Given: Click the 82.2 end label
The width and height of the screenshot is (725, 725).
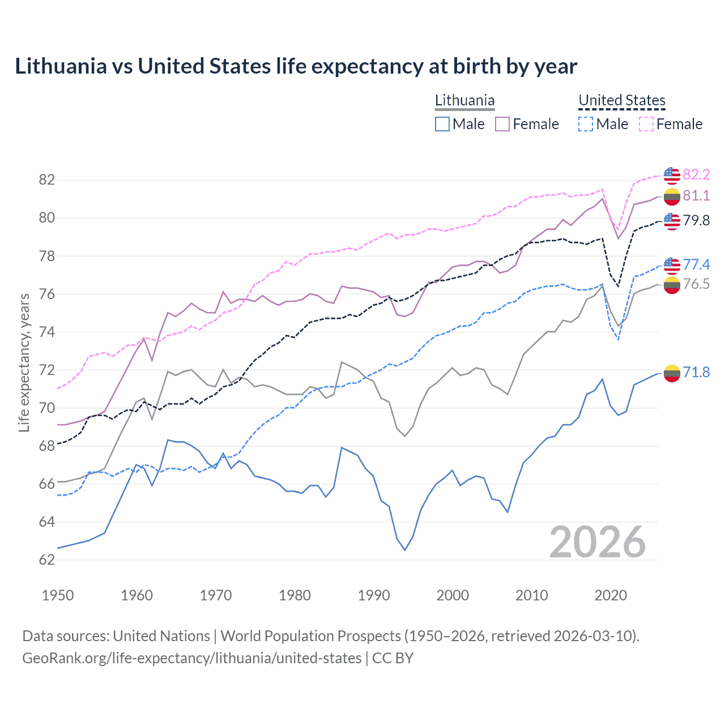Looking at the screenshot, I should [x=696, y=174].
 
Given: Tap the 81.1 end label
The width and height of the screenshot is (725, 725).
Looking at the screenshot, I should [x=696, y=195].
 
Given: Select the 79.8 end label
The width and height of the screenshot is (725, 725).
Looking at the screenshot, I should [x=696, y=220].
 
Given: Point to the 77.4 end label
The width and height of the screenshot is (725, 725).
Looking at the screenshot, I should [x=696, y=265].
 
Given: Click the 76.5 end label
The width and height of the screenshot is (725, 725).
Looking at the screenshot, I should [x=696, y=284].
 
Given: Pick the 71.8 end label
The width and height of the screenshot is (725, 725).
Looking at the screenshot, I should [x=696, y=372].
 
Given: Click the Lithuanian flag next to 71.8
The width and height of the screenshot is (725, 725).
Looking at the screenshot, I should [x=672, y=373].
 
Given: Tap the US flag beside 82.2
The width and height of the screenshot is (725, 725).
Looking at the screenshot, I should [x=672, y=176].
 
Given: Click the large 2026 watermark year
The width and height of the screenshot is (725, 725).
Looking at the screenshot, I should [x=598, y=542].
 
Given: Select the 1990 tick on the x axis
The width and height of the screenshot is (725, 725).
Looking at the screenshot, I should [x=374, y=595].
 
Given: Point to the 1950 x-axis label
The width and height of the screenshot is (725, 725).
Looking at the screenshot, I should [x=58, y=595].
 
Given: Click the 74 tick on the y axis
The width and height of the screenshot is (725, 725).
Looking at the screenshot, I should [x=47, y=332].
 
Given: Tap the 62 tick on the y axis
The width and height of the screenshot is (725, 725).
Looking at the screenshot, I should [x=47, y=560].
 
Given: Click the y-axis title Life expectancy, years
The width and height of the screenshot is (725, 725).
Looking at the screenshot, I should [x=24, y=362].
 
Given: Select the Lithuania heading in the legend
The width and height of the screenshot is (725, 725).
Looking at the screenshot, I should [x=464, y=100].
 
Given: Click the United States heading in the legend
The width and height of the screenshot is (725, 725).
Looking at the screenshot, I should [x=622, y=100].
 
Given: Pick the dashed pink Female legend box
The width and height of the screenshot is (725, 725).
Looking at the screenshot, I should [x=646, y=124].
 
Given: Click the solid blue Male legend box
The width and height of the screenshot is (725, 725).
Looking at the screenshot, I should [x=442, y=124].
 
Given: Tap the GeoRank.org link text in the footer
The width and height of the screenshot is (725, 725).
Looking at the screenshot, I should [x=191, y=658].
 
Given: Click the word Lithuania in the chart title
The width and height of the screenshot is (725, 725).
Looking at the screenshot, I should [x=61, y=66].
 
